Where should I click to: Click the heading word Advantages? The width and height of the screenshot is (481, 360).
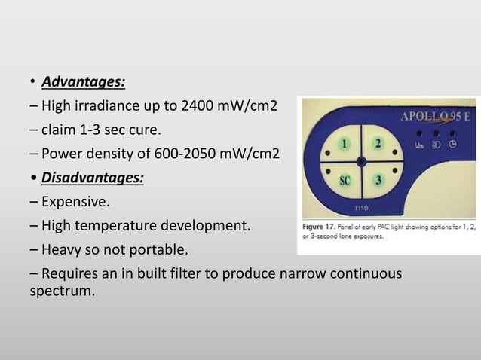coord(83,81)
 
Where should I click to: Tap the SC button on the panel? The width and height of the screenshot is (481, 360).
coord(345,180)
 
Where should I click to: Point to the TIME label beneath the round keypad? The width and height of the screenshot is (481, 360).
coord(362,207)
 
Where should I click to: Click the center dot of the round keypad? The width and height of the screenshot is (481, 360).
coord(361,161)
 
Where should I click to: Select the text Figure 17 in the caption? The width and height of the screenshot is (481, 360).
coord(321,226)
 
